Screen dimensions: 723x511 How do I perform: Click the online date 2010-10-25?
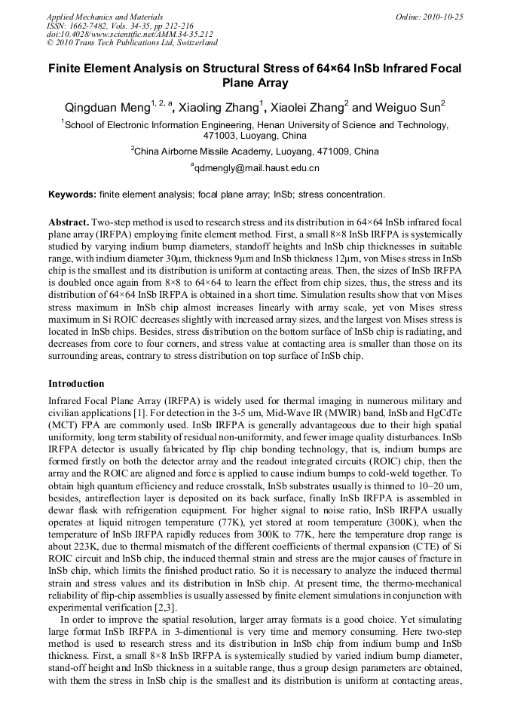[x=445, y=16]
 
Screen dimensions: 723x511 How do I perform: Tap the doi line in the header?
[x=130, y=34]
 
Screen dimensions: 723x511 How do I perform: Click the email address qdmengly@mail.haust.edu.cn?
[x=256, y=168]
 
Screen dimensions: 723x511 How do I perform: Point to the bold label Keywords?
[x=72, y=195]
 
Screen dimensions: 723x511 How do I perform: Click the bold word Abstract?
[x=69, y=224]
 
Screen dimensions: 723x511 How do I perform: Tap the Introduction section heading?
[x=76, y=384]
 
